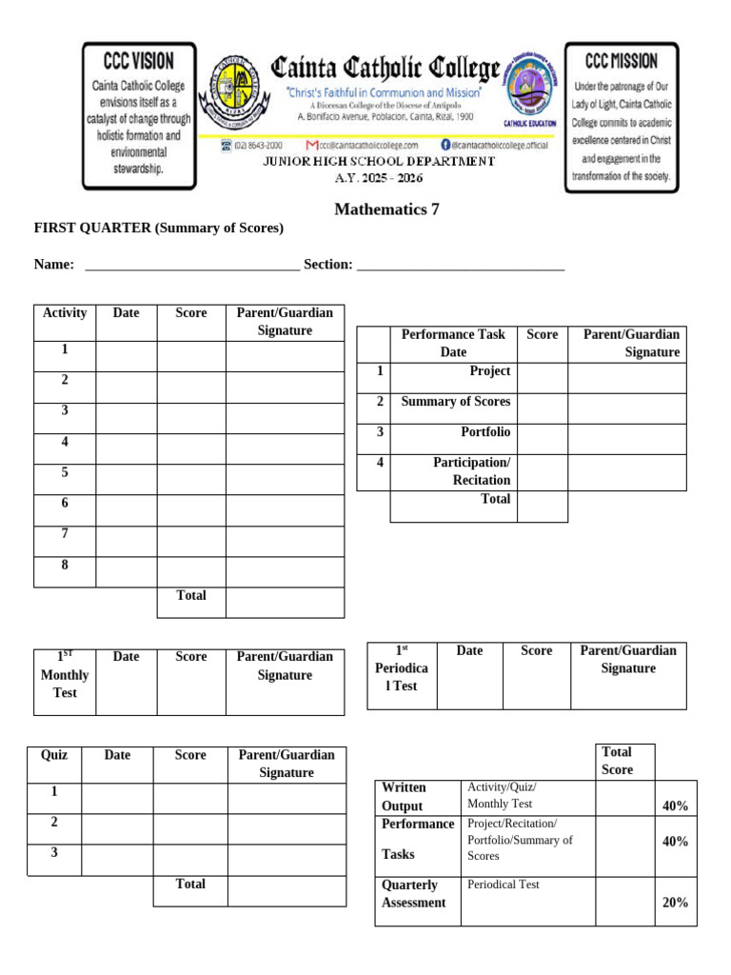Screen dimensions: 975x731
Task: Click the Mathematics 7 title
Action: pos(386,209)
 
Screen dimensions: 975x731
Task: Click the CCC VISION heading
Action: pos(139,61)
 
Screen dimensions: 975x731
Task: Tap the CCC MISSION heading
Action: pos(621,61)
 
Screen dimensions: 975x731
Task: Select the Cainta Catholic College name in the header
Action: pos(385,69)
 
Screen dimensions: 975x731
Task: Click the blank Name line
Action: pos(191,266)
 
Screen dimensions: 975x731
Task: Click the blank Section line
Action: pos(461,266)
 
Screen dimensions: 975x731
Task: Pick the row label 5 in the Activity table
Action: pos(65,472)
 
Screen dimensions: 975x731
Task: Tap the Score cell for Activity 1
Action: pos(191,356)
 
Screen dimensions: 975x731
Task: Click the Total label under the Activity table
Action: pos(191,596)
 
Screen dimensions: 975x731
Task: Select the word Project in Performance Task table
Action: pos(489,371)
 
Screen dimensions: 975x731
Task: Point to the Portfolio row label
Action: pos(485,432)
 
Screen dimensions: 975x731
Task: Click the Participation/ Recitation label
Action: pos(471,471)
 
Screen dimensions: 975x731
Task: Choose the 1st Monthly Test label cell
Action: pos(65,675)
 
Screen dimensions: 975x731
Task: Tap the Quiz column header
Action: pos(54,755)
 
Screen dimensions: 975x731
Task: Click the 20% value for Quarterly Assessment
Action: pos(675,903)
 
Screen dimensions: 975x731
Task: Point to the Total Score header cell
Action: pos(617,761)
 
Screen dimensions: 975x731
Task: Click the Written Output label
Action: pos(404,797)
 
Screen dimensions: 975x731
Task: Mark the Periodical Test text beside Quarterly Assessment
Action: pos(504,885)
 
